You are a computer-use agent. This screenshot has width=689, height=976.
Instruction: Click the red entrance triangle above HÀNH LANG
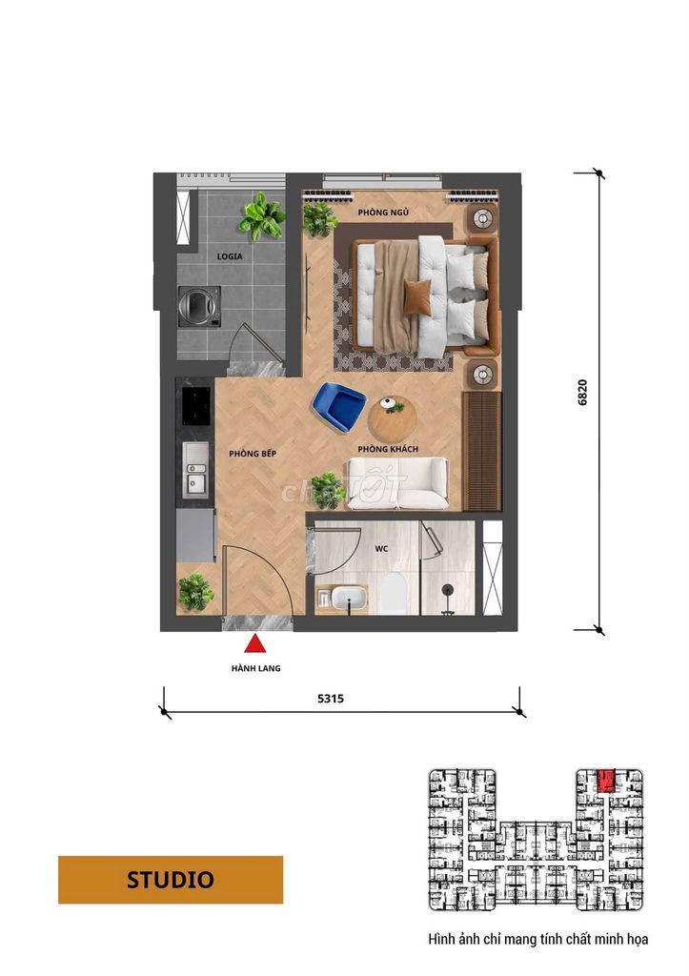(255, 644)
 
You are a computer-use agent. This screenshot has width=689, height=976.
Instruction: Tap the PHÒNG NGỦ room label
(383, 213)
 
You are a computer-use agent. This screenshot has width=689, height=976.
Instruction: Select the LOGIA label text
(230, 256)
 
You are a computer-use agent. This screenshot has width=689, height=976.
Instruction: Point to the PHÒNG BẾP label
(253, 454)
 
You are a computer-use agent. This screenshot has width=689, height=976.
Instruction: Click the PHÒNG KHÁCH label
(388, 449)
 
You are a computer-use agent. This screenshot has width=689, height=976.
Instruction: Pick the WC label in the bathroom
(381, 548)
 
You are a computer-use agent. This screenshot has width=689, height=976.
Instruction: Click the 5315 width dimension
(331, 699)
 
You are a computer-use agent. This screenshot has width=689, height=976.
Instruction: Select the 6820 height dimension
(582, 393)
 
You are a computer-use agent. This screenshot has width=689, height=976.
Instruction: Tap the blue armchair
(338, 407)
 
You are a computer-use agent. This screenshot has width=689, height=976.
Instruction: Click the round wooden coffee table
(392, 418)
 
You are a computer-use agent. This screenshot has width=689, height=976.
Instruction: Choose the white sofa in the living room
(397, 483)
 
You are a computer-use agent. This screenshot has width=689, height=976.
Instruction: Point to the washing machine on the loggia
(199, 306)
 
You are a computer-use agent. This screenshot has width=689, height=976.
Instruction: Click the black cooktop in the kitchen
(195, 405)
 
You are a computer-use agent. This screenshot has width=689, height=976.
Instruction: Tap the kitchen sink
(195, 469)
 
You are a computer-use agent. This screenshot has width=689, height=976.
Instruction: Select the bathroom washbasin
(349, 599)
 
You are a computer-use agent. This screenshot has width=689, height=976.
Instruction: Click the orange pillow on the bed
(417, 295)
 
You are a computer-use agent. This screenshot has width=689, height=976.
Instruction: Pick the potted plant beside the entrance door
(195, 591)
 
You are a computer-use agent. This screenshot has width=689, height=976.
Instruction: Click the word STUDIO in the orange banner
(171, 880)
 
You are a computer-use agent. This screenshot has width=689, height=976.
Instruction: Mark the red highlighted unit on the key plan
(605, 781)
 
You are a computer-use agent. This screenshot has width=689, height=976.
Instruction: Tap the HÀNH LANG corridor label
(255, 668)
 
